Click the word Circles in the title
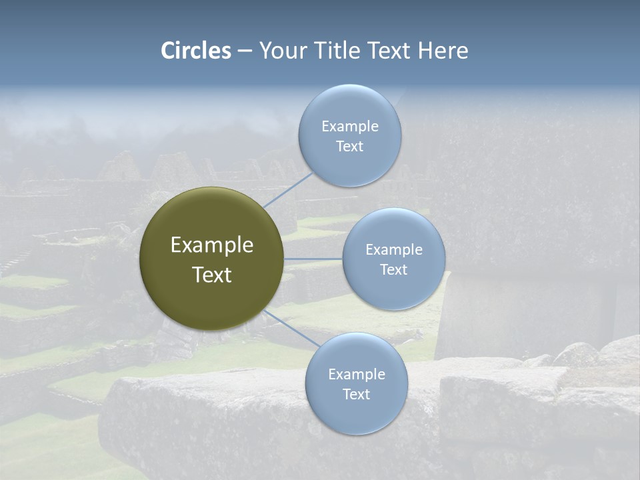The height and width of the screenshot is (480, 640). tap(196, 51)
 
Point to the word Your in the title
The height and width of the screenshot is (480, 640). tap(283, 51)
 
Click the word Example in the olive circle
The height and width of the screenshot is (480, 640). tap(212, 245)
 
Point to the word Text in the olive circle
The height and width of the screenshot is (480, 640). tap(212, 275)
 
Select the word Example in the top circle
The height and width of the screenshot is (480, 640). tap(350, 127)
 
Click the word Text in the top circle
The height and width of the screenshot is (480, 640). tap(350, 146)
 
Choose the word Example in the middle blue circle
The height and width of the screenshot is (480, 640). tap(394, 250)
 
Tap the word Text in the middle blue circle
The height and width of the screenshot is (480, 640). tap(394, 269)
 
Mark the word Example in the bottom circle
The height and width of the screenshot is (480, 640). tap(357, 375)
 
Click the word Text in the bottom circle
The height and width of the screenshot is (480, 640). tap(357, 394)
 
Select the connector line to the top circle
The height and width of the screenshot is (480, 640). tap(288, 189)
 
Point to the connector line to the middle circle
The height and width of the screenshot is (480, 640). tap(313, 259)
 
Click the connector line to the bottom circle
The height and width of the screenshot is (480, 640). tap(291, 327)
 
